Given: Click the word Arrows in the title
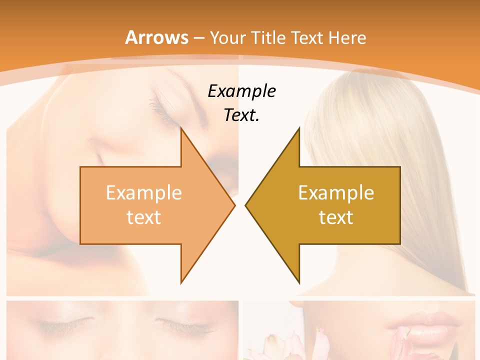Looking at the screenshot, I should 156,37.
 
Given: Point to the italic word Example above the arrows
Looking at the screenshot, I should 241,91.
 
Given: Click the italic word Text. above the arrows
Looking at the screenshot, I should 241,115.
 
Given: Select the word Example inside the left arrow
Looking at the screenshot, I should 144,192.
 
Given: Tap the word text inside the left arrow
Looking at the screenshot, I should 144,217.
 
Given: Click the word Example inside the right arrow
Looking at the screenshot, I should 336,192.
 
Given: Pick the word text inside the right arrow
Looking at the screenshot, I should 336,217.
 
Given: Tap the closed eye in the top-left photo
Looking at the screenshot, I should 167,105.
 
